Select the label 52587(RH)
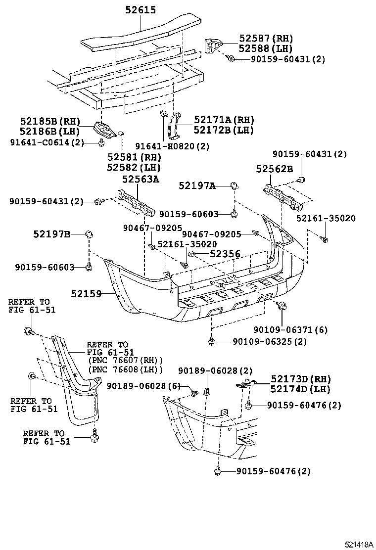pyautogui.click(x=266, y=39)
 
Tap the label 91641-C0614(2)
pyautogui.click(x=47, y=142)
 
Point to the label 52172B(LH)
pyautogui.click(x=223, y=130)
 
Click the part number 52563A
pyautogui.click(x=141, y=180)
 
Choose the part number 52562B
pyautogui.click(x=275, y=169)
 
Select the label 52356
pyautogui.click(x=225, y=254)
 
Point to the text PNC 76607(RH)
pyautogui.click(x=126, y=360)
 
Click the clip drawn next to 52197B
pyautogui.click(x=89, y=234)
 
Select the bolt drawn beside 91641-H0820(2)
pyautogui.click(x=163, y=115)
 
